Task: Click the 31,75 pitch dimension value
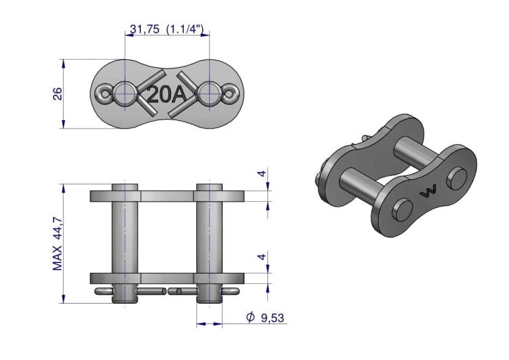143,30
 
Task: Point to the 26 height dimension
58,93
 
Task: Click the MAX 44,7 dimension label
58,242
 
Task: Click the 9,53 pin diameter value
271,317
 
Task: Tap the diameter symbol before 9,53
250,317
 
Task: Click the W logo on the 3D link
429,193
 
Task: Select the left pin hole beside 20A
125,94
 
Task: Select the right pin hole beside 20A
210,94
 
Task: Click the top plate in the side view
168,196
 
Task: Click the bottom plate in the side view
168,278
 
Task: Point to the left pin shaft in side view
126,238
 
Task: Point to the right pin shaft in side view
209,238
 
